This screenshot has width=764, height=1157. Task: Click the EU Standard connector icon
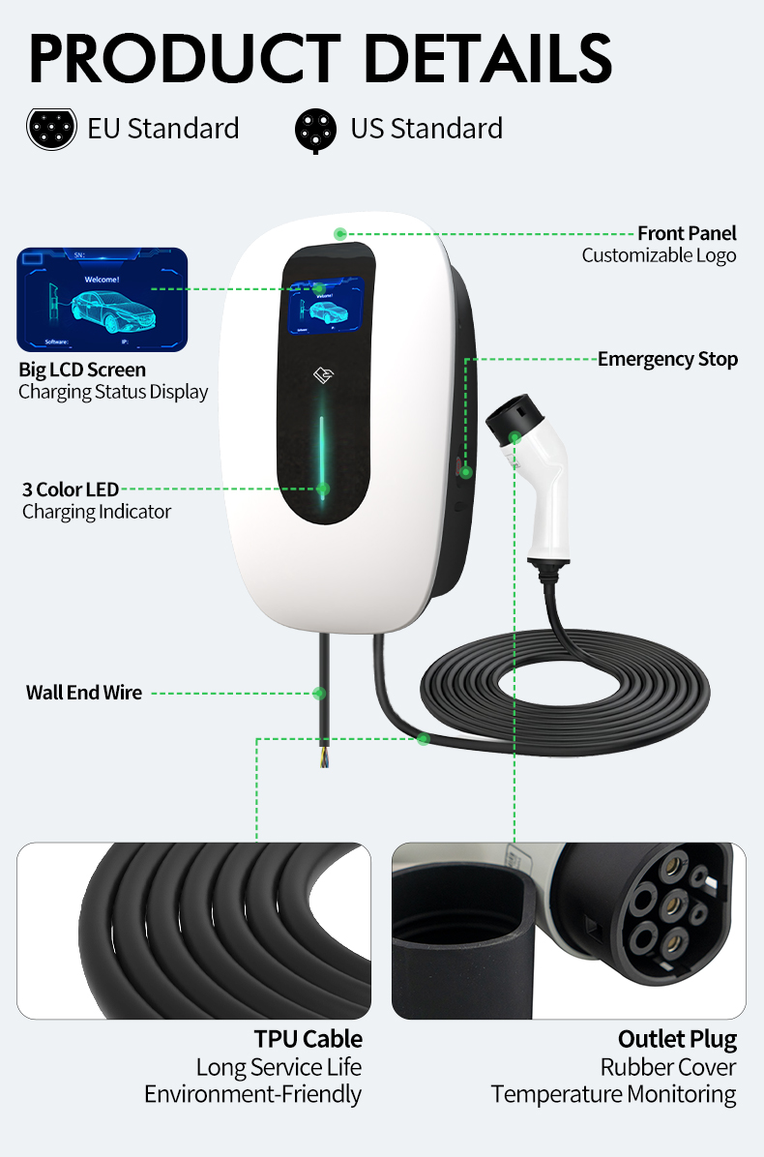51,129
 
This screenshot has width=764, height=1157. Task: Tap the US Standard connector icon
316,130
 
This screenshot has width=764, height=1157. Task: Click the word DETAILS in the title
488,57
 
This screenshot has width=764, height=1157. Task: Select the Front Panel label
687,233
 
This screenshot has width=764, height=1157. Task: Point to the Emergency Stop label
667,359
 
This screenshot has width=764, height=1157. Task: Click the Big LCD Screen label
82,370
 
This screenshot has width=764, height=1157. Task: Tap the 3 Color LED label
71,489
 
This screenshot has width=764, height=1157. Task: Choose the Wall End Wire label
84,693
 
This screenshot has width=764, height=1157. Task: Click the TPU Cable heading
309,1039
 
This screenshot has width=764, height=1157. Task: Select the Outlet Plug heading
677,1039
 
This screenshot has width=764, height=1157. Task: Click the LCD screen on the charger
326,307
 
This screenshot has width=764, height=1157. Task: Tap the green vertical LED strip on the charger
323,455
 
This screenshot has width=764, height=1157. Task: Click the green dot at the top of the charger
340,233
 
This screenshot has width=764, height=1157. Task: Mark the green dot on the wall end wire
320,693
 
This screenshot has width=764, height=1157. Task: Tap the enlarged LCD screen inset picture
102,299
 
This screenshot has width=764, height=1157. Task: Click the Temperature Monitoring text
613,1094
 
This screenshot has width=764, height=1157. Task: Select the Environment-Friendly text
252,1094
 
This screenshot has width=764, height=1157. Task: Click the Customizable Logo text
659,255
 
